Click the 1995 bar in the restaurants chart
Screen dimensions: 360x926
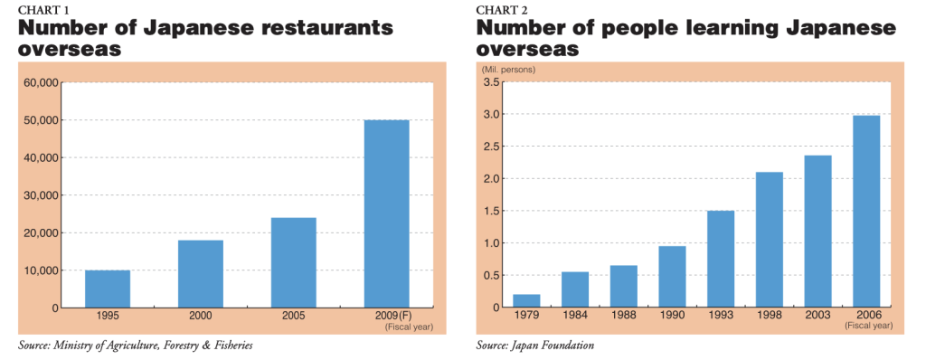[108, 289]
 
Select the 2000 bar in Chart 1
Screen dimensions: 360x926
[200, 273]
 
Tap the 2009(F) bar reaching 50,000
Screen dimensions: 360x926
[386, 213]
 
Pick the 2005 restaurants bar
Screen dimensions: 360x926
[293, 262]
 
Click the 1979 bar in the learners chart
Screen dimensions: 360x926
[526, 300]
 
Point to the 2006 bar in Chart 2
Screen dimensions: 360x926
[866, 211]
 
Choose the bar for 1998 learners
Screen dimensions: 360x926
[770, 240]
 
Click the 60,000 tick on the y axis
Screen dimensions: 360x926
[42, 82]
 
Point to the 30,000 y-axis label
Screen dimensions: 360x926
[42, 195]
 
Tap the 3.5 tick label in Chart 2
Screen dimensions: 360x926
[492, 82]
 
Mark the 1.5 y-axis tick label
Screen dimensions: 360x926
[492, 211]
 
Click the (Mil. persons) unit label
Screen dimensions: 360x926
[507, 70]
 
